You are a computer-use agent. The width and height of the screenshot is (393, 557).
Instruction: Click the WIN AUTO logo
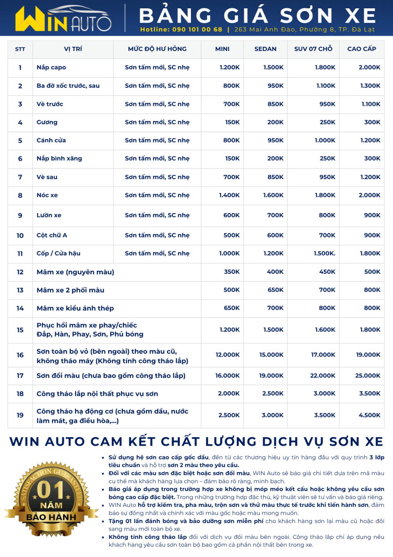pyautogui.click(x=63, y=18)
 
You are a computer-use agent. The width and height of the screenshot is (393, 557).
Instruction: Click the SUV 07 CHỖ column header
pyautogui.click(x=313, y=49)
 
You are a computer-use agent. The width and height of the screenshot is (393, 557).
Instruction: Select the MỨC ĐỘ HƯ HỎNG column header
pyautogui.click(x=157, y=49)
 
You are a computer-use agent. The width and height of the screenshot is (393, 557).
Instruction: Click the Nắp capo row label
pyautogui.click(x=51, y=68)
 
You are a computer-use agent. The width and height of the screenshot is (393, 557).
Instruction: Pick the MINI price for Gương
pyautogui.click(x=231, y=123)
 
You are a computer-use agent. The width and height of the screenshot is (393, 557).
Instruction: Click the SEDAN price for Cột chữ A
pyautogui.click(x=275, y=235)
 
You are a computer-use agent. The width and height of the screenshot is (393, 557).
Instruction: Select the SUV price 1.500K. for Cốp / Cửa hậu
pyautogui.click(x=324, y=253)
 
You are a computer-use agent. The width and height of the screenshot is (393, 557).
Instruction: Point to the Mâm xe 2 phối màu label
pyautogui.click(x=70, y=290)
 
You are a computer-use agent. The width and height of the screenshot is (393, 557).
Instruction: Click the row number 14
pyautogui.click(x=20, y=308)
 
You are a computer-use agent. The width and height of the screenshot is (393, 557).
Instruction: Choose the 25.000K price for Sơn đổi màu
pyautogui.click(x=368, y=376)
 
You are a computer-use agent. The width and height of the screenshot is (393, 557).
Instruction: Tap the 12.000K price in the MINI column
pyautogui.click(x=228, y=355)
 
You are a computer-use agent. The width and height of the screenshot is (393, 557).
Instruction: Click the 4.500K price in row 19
pyautogui.click(x=369, y=415)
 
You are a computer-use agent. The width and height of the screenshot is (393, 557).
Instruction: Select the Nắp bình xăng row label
pyautogui.click(x=59, y=159)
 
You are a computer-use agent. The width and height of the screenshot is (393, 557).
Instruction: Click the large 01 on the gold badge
pyautogui.click(x=51, y=489)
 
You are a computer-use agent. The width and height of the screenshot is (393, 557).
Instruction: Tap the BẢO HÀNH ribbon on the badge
pyautogui.click(x=51, y=516)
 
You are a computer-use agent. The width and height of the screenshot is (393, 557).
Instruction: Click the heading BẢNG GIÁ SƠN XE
pyautogui.click(x=257, y=16)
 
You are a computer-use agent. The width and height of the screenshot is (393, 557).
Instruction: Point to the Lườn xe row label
pyautogui.click(x=49, y=215)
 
